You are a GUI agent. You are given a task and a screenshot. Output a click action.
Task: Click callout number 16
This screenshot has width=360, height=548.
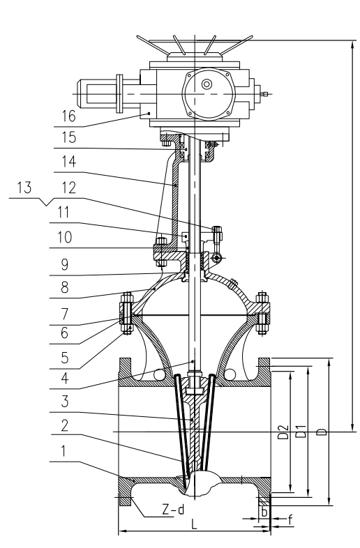coord(68,116)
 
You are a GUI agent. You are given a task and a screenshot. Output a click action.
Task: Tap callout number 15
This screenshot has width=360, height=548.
coord(69,137)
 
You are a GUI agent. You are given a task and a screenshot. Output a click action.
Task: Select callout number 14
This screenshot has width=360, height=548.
coord(69,162)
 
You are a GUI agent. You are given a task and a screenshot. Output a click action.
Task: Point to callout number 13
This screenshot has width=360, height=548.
coord(24,188)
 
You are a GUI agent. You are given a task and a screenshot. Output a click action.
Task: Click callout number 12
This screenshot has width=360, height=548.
coord(69,188)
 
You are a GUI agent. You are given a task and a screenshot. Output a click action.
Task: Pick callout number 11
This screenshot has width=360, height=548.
coord(64,212)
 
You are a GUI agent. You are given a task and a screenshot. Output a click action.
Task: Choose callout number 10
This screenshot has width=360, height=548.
coord(65,237)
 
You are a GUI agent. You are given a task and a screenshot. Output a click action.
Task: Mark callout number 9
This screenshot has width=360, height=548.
coord(65,264)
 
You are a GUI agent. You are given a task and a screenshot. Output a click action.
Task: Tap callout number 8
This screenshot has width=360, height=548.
coord(65,287)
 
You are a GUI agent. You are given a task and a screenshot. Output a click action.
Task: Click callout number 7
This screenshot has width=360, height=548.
coord(65,314)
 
